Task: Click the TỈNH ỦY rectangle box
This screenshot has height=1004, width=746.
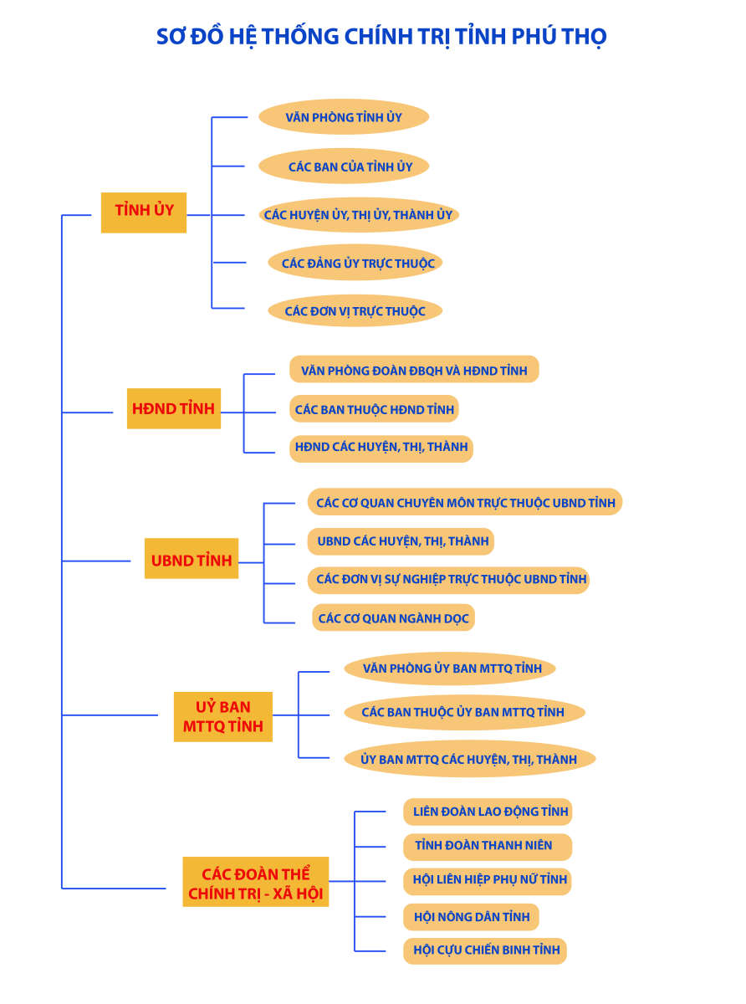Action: click(144, 213)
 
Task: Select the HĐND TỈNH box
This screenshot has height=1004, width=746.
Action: click(174, 407)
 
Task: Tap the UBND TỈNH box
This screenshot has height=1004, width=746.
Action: click(192, 558)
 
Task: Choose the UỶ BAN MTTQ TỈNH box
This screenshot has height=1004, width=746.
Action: click(223, 716)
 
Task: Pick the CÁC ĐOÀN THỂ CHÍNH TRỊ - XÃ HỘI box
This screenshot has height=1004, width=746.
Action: click(256, 881)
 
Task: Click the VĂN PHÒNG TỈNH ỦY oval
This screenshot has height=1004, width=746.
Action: click(344, 117)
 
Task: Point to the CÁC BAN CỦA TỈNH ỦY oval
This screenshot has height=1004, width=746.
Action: click(344, 166)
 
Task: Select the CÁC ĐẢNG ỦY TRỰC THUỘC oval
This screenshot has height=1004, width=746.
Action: click(355, 263)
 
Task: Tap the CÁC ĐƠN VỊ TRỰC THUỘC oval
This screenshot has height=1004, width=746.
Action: click(355, 310)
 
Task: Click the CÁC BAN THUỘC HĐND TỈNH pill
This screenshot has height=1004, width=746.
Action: click(374, 409)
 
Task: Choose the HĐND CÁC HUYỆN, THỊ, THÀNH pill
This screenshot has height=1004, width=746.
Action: click(381, 448)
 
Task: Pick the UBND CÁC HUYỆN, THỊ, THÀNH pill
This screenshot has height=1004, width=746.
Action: click(401, 541)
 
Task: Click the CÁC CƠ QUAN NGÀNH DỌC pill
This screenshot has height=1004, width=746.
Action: click(393, 617)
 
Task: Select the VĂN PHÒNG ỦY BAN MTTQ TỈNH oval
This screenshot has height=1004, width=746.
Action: click(449, 668)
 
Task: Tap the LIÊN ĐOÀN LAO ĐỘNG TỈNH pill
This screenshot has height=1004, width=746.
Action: click(488, 812)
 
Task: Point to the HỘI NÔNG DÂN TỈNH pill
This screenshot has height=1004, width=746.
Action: click(471, 917)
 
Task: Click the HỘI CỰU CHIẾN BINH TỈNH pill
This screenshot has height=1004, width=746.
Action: click(485, 950)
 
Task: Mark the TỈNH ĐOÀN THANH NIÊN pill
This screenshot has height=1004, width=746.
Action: click(488, 847)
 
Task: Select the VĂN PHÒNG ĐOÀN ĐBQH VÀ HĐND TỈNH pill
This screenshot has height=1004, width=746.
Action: click(414, 369)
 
